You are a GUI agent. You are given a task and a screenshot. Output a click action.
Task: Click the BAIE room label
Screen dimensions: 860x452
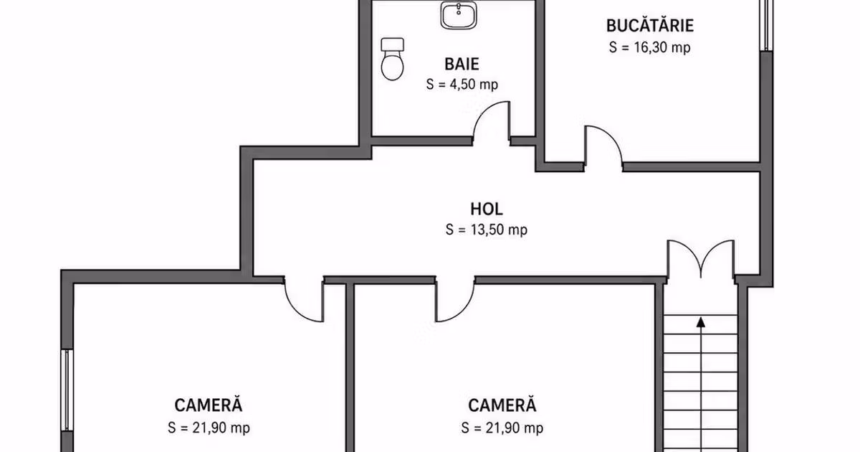[462, 64]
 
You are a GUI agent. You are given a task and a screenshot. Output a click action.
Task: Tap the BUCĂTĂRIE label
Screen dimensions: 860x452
[650, 26]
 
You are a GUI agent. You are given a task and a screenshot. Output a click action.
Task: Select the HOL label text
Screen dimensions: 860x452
[487, 209]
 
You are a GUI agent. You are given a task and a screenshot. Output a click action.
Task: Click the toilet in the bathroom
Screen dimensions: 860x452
[392, 59]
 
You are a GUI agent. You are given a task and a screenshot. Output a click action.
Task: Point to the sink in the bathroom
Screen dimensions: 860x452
[459, 15]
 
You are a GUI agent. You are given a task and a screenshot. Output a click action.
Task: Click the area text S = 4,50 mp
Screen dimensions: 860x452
[462, 84]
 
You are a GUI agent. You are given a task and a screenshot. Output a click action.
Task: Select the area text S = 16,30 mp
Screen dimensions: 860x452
[649, 47]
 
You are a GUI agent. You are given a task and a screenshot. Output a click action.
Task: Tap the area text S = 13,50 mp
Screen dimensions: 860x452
[487, 230]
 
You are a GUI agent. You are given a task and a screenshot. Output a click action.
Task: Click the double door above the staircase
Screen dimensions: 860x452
[701, 258]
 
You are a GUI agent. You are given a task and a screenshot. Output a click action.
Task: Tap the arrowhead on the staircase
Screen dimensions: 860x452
[701, 322]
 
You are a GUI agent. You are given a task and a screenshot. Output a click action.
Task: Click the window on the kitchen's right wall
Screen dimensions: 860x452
[766, 25]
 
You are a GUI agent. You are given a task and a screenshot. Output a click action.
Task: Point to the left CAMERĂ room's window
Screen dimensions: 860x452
[67, 390]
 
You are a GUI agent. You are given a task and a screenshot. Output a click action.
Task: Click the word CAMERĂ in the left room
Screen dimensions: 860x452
[209, 405]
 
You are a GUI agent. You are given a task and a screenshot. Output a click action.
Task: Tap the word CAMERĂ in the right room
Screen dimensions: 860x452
[502, 405]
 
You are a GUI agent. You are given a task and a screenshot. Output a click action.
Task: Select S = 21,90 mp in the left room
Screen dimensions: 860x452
[209, 428]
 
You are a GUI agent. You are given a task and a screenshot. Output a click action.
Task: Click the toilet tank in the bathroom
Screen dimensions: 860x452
[393, 44]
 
